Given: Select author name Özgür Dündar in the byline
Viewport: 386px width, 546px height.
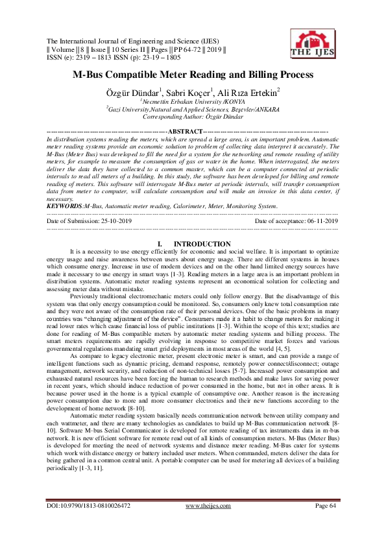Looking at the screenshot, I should [134, 91].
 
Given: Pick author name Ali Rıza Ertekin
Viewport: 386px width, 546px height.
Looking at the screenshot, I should [252, 91].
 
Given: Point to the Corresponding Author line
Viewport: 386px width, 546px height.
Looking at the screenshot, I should [193, 117].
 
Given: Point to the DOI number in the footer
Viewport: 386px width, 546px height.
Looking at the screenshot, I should [89, 523].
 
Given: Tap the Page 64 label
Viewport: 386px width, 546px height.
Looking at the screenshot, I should [326, 523].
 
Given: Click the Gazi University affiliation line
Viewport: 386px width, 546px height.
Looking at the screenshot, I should [193, 110].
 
